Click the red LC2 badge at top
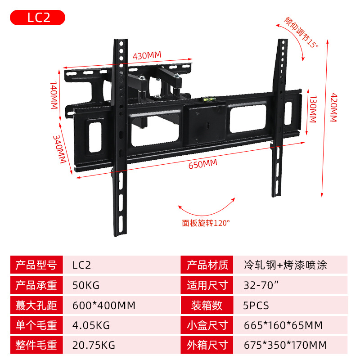coord(38,18)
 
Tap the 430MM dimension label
coord(147,55)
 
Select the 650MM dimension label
coord(202,164)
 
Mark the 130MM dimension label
coord(312,109)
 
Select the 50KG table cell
coord(85,285)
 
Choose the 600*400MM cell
coord(103,306)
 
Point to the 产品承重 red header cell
coord(36,285)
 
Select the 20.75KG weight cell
coord(94,346)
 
